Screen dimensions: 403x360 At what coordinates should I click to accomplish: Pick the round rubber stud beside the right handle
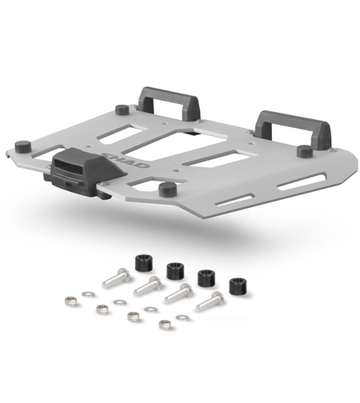pyautogui.click(x=304, y=150)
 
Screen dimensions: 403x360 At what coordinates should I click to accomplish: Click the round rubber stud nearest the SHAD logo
pyautogui.click(x=166, y=189)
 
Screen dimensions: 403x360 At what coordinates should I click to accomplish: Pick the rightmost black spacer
pyautogui.click(x=237, y=285)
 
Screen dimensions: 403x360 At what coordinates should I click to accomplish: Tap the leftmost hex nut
pyautogui.click(x=70, y=301)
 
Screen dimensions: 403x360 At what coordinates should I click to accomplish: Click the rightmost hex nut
pyautogui.click(x=166, y=324)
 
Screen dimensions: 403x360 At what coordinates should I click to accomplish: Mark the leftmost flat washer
pyautogui.click(x=89, y=294)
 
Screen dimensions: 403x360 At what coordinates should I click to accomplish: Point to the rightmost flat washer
pyautogui.click(x=183, y=317)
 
